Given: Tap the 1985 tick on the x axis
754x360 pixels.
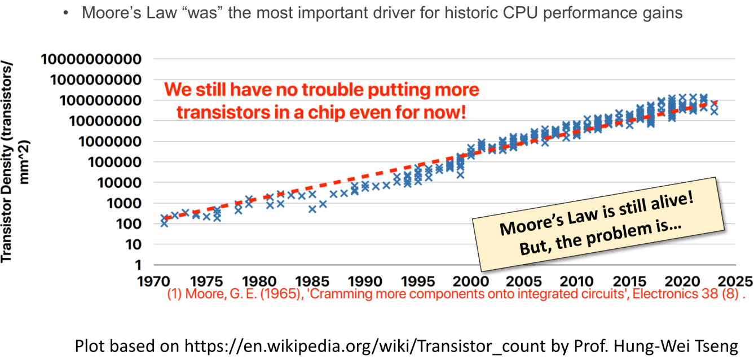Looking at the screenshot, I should click(311, 281).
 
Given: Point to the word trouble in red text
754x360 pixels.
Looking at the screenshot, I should click(321, 90).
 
